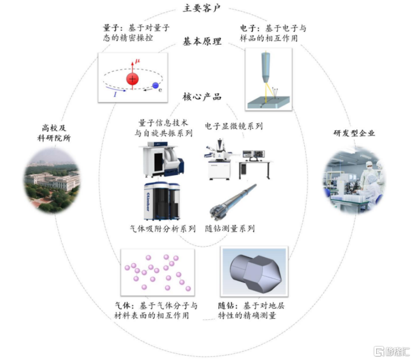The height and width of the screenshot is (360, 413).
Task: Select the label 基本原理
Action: (203, 41)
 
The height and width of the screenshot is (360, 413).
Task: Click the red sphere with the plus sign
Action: (133, 79)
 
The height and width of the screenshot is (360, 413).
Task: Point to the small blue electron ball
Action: (156, 86)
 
